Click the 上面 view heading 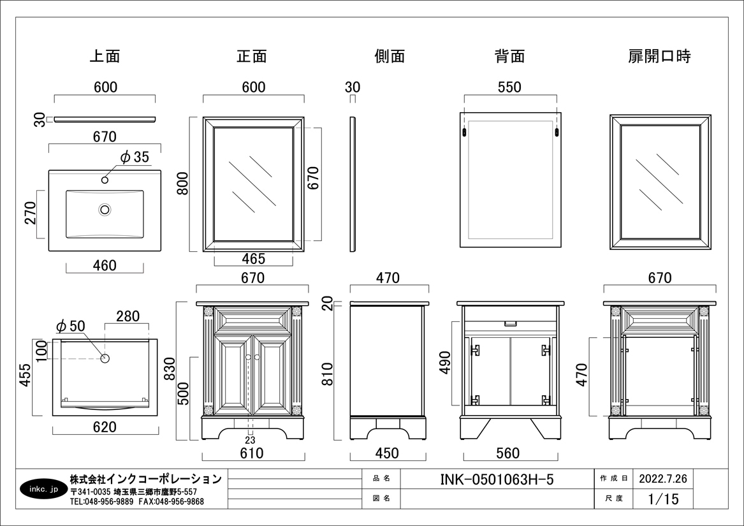(105, 56)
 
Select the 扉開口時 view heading (660, 56)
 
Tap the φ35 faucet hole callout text (135, 157)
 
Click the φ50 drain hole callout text (70, 326)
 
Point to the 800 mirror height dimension (183, 183)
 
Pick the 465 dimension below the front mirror (253, 259)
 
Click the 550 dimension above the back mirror (509, 87)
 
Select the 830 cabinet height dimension (170, 369)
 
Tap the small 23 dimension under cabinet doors (250, 441)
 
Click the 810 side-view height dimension (328, 374)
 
